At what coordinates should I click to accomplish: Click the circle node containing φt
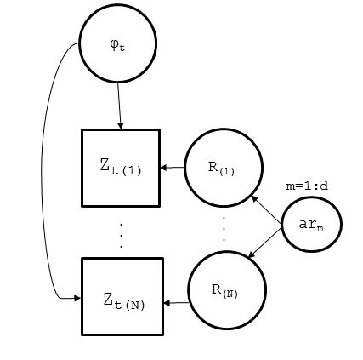(x=117, y=43)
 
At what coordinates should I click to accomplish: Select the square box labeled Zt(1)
(x=121, y=168)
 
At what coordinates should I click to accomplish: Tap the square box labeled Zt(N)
(x=122, y=296)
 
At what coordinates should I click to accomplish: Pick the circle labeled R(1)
(x=224, y=168)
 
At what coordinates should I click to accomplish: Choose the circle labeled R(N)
(x=226, y=290)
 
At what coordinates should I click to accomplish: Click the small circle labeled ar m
(x=311, y=225)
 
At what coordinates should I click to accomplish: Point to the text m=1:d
(x=307, y=186)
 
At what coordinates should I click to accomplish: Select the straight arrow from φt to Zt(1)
(x=119, y=106)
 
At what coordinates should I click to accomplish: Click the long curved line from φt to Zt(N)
(x=43, y=170)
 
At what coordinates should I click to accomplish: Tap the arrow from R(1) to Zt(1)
(x=173, y=168)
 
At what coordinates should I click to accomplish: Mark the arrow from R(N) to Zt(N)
(x=176, y=302)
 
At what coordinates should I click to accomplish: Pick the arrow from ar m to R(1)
(x=267, y=210)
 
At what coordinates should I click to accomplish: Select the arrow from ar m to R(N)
(x=265, y=242)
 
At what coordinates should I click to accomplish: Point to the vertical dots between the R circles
(x=224, y=227)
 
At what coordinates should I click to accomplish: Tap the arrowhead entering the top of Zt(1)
(x=121, y=126)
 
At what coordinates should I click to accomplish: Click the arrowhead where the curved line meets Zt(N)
(x=77, y=298)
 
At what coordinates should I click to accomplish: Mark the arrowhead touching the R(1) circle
(x=254, y=197)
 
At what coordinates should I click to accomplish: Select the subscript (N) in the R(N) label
(x=231, y=294)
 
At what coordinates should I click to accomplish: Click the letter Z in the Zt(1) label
(x=105, y=165)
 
